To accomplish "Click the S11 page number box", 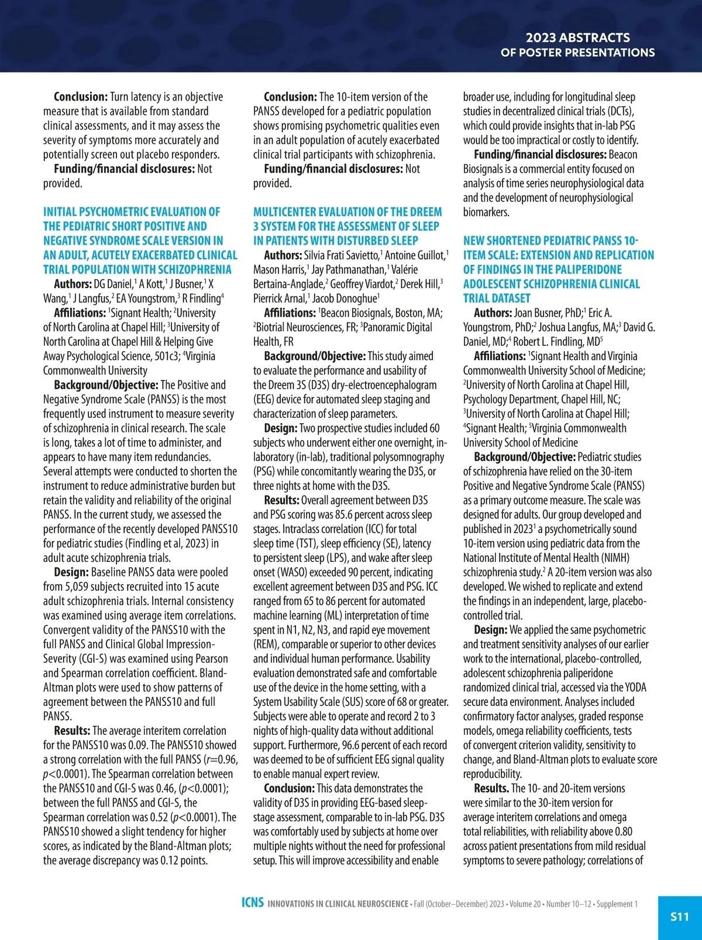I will (x=679, y=917).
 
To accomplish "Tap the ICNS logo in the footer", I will (x=252, y=903).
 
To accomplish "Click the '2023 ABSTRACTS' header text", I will (x=577, y=37).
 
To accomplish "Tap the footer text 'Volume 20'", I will (x=525, y=904).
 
